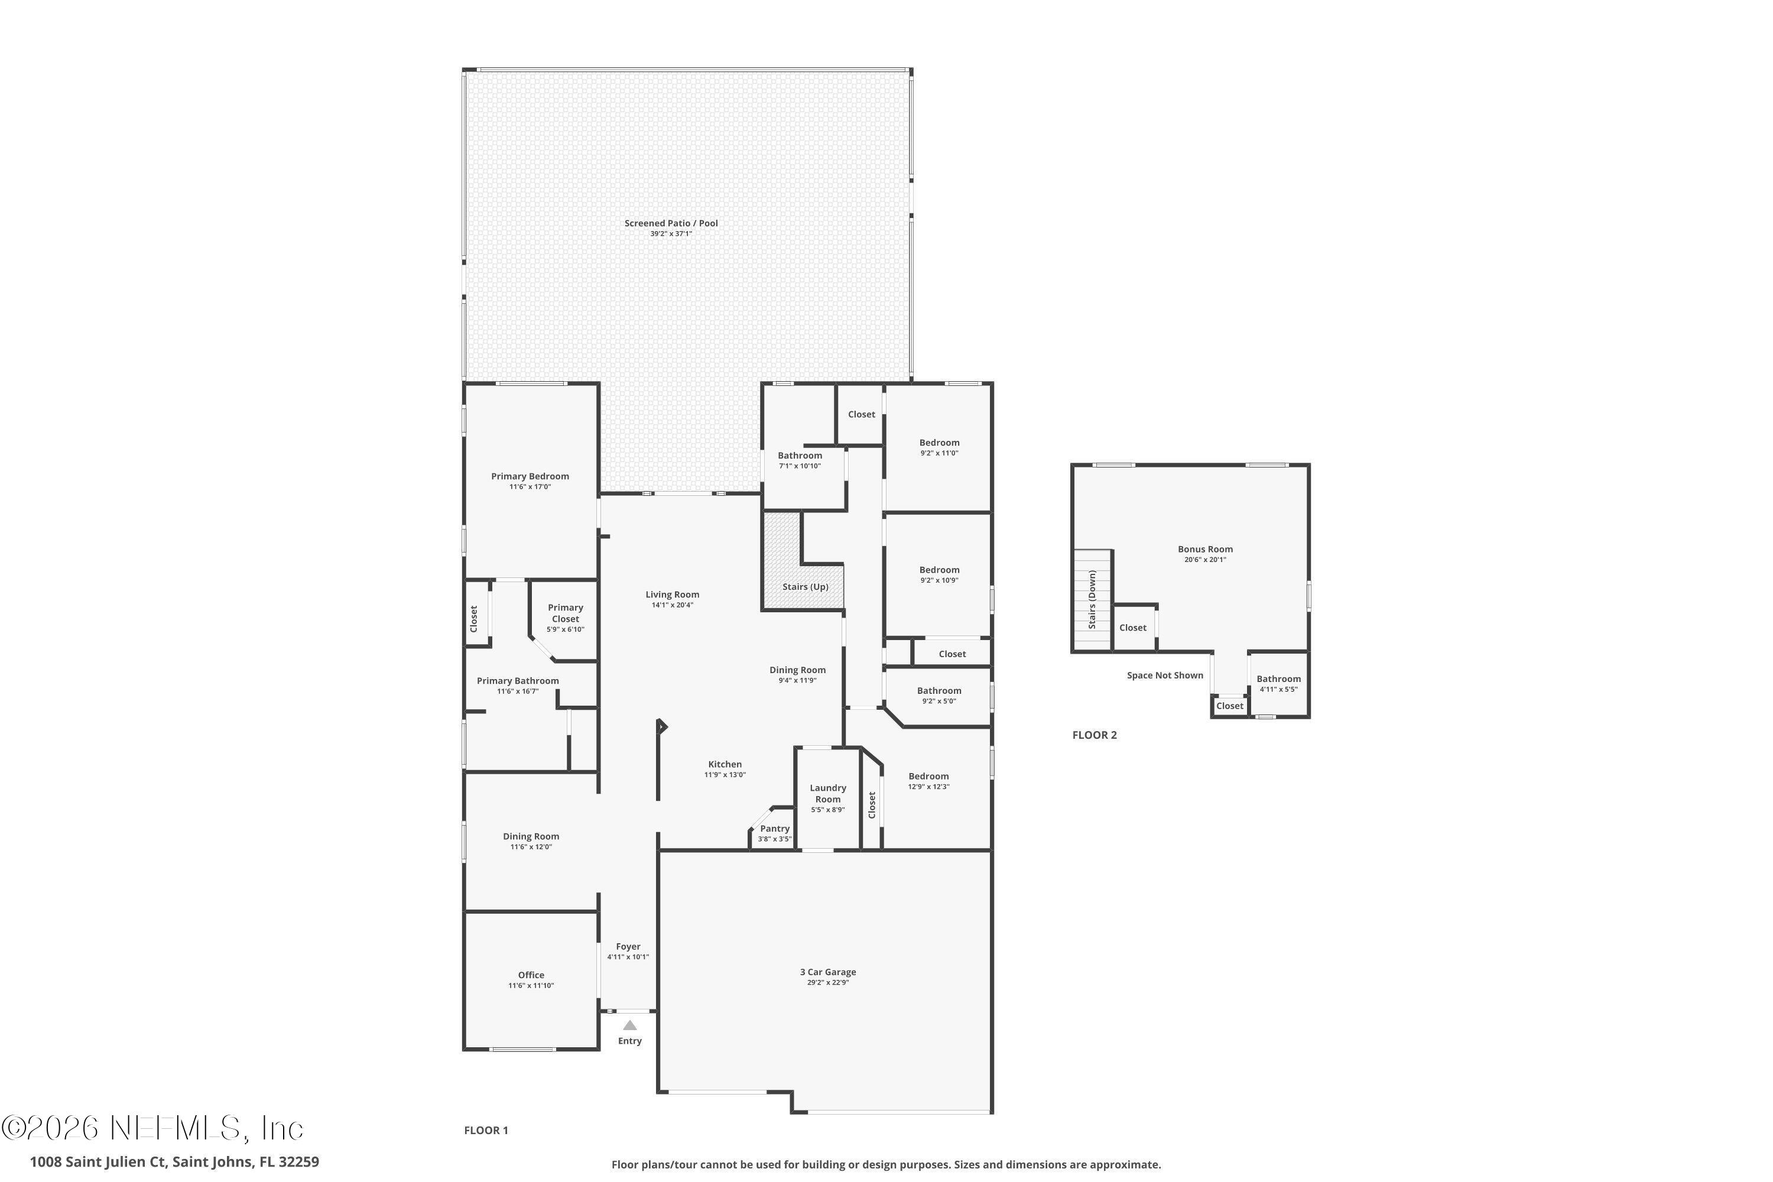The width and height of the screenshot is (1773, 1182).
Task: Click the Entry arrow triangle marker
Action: (629, 1025)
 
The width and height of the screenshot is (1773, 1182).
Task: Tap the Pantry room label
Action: (775, 829)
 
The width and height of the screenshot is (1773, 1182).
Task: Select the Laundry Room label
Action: (828, 794)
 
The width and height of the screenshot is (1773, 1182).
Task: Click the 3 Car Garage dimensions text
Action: (828, 982)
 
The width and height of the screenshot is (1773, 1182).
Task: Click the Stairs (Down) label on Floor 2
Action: (1092, 600)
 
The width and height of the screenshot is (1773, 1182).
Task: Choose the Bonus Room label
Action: (1204, 550)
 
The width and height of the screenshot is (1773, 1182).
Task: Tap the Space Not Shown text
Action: (1165, 676)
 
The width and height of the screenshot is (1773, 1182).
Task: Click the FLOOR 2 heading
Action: (1095, 735)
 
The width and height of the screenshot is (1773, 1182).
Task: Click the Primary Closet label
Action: (566, 613)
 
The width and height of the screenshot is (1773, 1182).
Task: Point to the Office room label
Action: (531, 975)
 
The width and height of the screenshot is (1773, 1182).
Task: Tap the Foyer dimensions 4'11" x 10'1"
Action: (628, 957)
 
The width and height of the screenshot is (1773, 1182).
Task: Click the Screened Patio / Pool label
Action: (671, 223)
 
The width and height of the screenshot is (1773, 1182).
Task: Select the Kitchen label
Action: (725, 764)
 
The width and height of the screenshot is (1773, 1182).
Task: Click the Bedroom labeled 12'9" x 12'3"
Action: (928, 777)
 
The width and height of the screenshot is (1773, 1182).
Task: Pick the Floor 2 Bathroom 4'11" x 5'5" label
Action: (1278, 679)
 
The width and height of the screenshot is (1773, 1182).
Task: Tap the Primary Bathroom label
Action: (518, 681)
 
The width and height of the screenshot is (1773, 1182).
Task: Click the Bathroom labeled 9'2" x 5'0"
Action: (939, 690)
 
